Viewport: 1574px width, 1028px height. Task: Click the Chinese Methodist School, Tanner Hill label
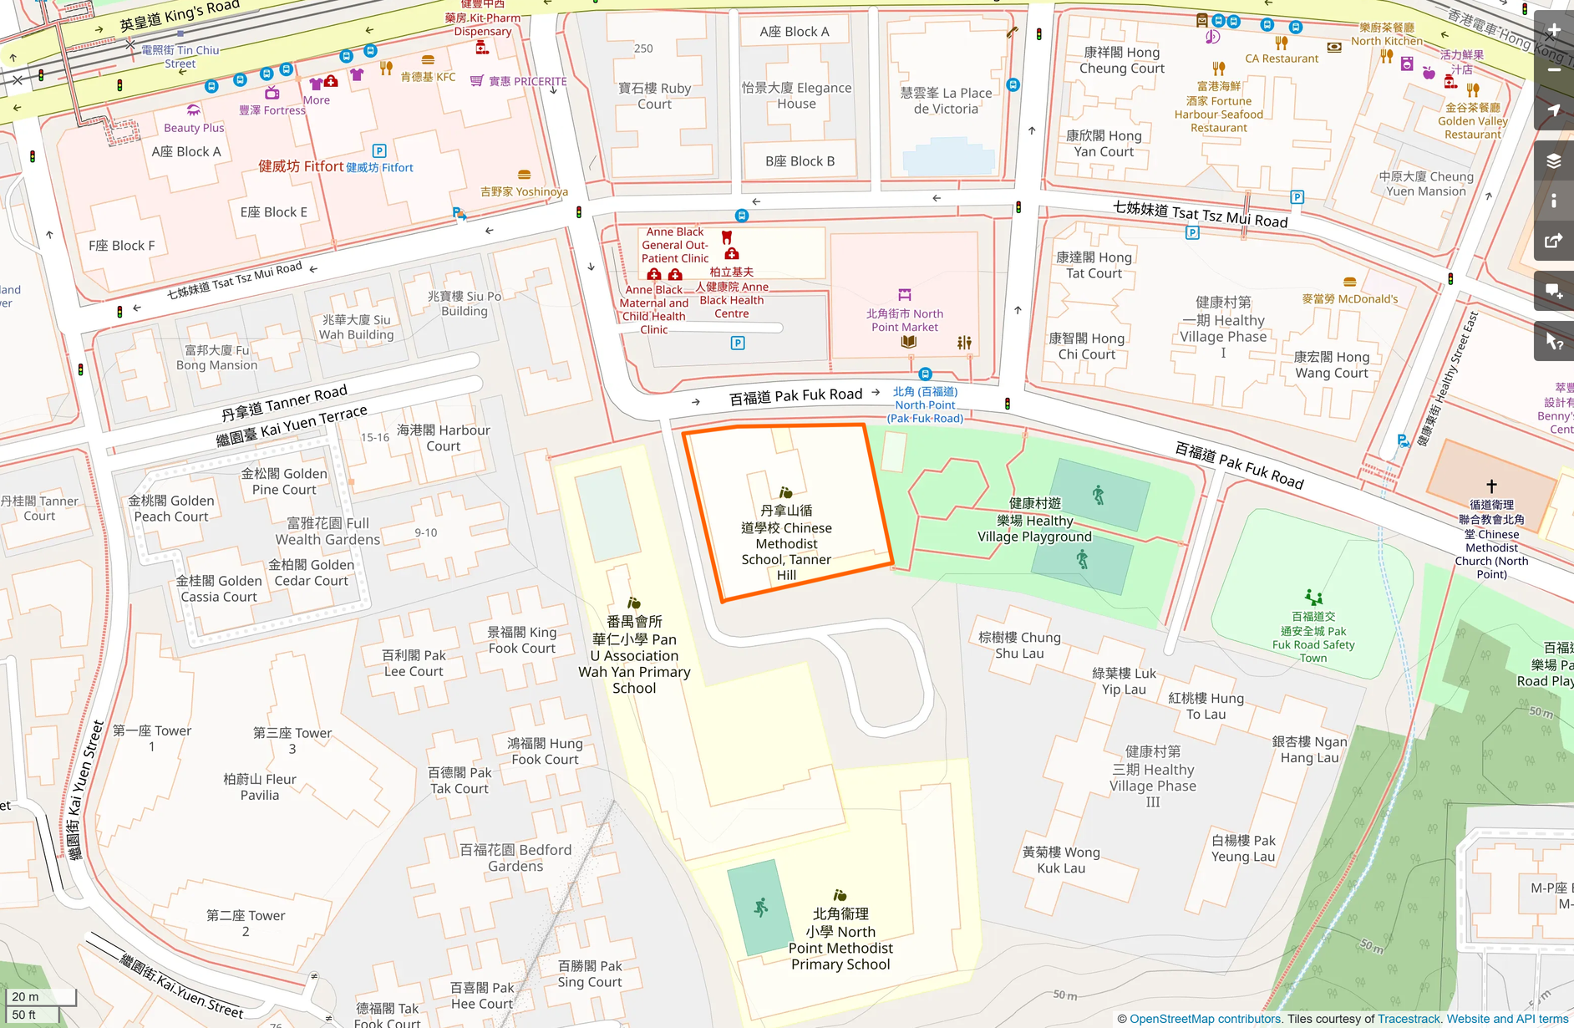[x=786, y=542]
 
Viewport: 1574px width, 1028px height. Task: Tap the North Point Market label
[x=905, y=320]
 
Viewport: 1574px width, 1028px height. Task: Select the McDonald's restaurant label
[x=1349, y=298]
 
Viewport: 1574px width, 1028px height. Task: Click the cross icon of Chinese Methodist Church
[x=1491, y=486]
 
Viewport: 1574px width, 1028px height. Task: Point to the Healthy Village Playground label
[x=1034, y=520]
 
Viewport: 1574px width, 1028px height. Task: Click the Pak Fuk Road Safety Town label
[x=1313, y=638]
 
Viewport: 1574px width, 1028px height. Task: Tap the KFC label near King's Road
[x=428, y=76]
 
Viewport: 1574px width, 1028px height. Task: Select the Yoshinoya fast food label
[x=524, y=191]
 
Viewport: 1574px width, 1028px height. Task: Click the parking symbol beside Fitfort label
[x=379, y=151]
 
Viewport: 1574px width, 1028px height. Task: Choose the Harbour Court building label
[x=443, y=438]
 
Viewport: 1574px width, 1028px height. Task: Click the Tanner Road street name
[x=284, y=402]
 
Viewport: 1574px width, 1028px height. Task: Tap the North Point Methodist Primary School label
[x=840, y=939]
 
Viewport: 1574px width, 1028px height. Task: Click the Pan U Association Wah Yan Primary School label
[x=634, y=655]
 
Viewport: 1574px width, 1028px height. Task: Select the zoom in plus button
[x=1554, y=30]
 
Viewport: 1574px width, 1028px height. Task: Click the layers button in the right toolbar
[x=1554, y=160]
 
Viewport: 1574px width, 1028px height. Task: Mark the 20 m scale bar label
[x=25, y=996]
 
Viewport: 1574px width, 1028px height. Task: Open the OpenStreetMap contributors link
[x=1205, y=1019]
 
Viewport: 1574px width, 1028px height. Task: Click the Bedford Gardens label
[x=515, y=858]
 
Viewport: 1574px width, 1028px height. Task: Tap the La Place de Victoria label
[x=946, y=101]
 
